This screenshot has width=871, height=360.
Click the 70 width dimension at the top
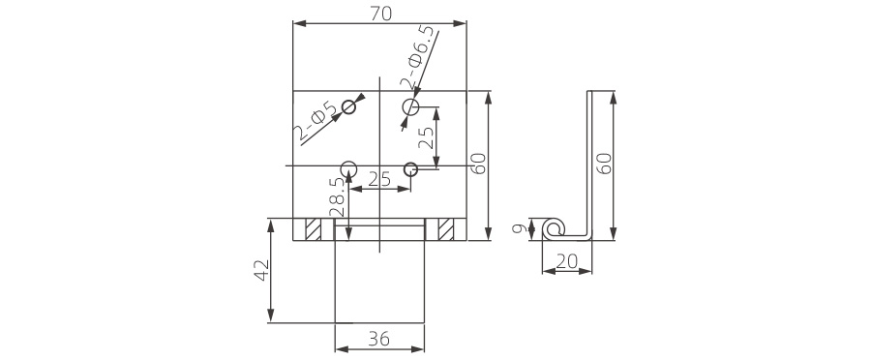pos(380,13)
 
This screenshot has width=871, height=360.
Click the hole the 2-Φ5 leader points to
pos(349,108)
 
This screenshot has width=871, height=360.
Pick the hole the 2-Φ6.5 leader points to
pos(411,106)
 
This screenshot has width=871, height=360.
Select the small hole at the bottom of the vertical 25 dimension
pos(411,168)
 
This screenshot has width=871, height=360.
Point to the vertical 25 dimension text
pos(425,136)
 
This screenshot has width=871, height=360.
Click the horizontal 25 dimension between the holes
pos(379,179)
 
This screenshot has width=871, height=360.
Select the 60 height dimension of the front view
pos(477,164)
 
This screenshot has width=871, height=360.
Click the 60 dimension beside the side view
pos(606,163)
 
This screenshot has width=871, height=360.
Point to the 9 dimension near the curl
pos(520,229)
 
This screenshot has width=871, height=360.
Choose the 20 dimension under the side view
pos(566,260)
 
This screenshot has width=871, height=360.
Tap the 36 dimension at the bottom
pos(378,339)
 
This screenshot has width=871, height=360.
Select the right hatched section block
pos(445,229)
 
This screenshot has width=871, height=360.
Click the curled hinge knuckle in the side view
pos(553,228)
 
